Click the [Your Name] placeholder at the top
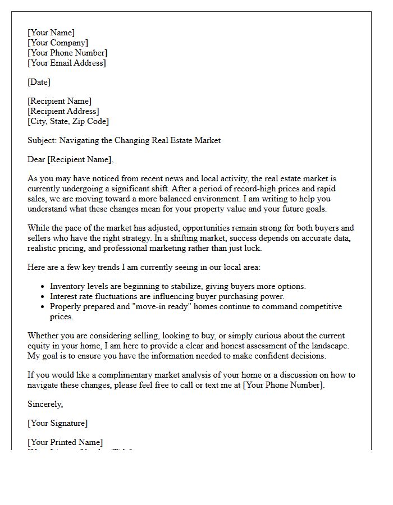pos(51,33)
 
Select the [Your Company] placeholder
pos(58,43)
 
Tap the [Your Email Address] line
pos(66,63)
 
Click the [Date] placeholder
pos(39,82)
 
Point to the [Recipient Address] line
pos(63,111)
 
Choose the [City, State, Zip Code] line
pos(68,121)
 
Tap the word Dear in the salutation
pos(36,159)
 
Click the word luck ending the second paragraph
pos(253,248)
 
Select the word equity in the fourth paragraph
pos(39,346)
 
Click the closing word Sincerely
pos(45,404)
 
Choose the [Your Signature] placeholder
pos(57,423)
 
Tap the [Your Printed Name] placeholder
pos(65,442)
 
